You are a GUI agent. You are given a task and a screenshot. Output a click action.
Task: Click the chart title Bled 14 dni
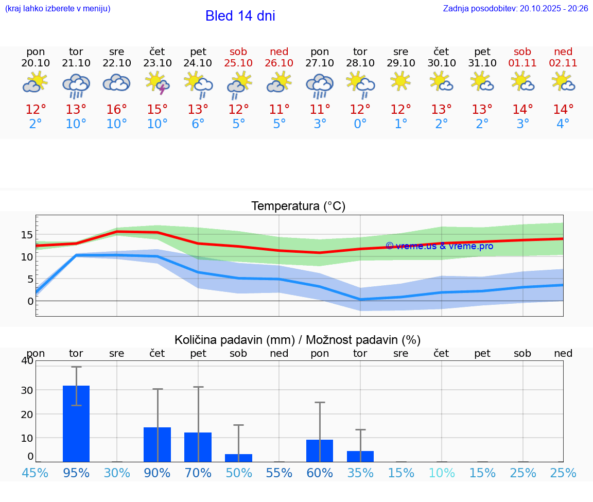click(240, 16)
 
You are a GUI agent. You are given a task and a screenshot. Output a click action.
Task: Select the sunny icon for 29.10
click(400, 81)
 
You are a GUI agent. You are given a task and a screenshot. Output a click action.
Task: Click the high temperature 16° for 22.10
click(117, 110)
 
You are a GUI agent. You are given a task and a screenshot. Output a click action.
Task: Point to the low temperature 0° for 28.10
click(360, 124)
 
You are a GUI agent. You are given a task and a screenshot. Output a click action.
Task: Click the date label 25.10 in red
click(238, 63)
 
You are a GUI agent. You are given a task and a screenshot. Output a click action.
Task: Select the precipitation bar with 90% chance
click(157, 444)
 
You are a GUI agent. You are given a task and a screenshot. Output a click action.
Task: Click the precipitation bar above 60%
click(320, 451)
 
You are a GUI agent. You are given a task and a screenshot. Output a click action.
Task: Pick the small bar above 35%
click(360, 456)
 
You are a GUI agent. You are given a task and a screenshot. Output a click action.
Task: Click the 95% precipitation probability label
click(76, 473)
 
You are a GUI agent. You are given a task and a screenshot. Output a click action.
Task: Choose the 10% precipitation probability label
click(442, 473)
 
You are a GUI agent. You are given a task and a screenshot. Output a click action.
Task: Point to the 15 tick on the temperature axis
click(27, 235)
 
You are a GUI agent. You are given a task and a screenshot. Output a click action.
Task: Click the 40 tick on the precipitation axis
click(27, 360)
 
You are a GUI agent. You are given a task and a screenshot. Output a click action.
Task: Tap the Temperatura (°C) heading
click(298, 206)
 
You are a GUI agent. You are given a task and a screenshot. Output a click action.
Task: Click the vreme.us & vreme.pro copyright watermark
click(439, 246)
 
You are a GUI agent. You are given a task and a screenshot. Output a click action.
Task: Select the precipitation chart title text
click(297, 340)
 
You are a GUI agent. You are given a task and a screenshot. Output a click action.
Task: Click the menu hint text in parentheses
click(57, 9)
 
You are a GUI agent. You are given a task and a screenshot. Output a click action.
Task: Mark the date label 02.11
click(563, 63)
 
